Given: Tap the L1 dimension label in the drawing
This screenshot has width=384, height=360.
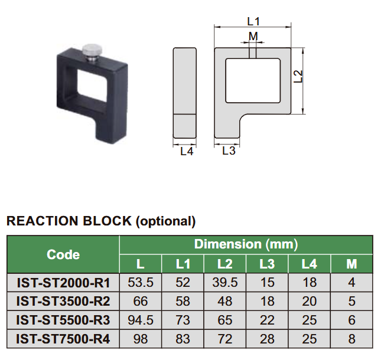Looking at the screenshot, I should click(253, 21).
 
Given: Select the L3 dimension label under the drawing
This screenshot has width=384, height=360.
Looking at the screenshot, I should click(229, 151).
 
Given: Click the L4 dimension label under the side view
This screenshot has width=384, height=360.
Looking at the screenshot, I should click(186, 151).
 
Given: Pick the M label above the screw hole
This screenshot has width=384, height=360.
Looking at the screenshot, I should click(253, 37).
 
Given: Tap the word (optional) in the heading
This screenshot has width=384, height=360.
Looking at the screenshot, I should click(165, 221).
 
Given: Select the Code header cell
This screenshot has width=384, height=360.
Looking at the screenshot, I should click(63, 254).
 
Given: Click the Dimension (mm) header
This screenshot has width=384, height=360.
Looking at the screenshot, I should click(246, 244).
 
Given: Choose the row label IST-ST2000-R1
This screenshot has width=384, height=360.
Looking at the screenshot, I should click(63, 283).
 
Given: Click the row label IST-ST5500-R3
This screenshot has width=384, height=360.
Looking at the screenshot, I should click(63, 320).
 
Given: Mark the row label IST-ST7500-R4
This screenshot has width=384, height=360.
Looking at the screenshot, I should click(63, 339).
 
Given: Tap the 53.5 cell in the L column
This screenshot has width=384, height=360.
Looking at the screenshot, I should click(141, 283).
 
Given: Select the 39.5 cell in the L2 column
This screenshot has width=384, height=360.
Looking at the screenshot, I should click(224, 283).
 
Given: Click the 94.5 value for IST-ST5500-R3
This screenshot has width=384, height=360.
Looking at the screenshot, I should click(141, 320).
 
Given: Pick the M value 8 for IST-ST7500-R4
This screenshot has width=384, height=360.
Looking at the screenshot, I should click(352, 339).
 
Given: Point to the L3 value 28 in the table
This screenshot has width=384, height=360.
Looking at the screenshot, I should click(267, 339).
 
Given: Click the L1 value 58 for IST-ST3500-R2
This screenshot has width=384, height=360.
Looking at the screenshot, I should click(183, 302).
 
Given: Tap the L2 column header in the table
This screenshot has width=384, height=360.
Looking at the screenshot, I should click(224, 264).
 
